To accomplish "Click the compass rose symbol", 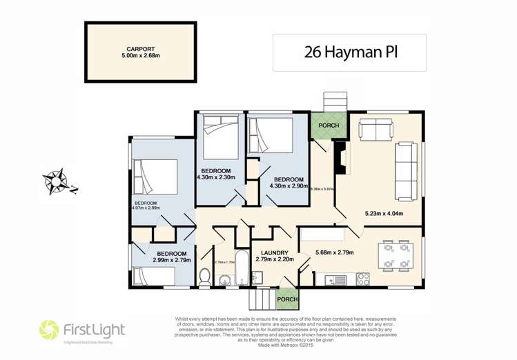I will (56, 180).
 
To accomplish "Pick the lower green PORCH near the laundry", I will (286, 299).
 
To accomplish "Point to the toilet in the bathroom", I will (205, 278).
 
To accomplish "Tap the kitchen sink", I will (333, 279).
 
